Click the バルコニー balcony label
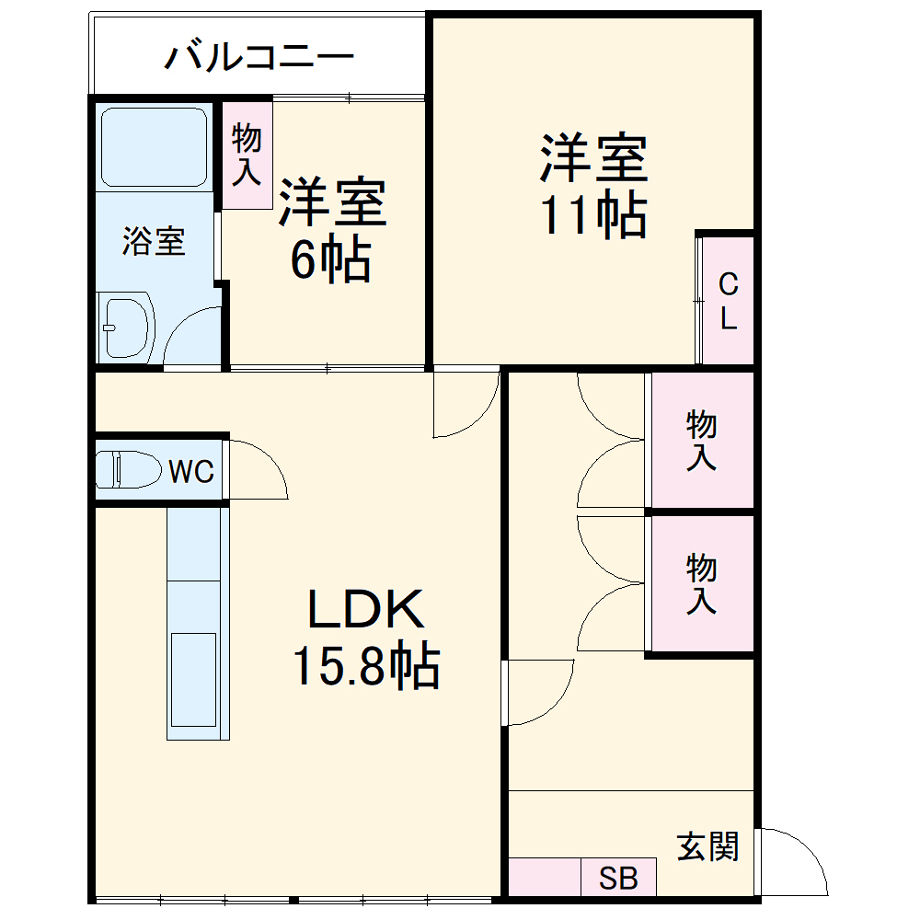259,57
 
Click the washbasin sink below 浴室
126,326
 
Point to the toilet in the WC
129,470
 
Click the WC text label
191,472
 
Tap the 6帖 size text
331,261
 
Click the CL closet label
728,301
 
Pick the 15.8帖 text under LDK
365,666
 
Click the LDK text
365,610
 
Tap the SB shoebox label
618,879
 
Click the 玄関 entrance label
707,845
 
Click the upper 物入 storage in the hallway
702,441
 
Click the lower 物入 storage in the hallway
702,583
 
